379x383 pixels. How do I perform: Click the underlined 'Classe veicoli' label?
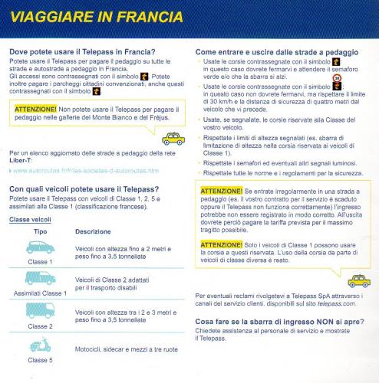tap(31, 219)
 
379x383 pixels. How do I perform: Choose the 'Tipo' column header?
tap(41, 231)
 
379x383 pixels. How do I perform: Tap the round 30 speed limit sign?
tap(337, 78)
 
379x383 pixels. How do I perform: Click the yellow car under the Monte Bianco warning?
tap(172, 138)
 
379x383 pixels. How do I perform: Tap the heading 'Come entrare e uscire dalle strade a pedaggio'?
tap(276, 51)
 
